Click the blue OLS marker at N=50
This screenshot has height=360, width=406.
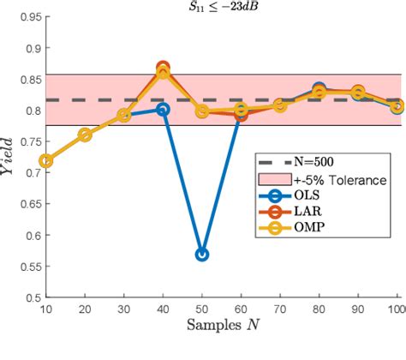tap(202, 255)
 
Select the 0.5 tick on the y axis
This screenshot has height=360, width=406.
tap(31, 297)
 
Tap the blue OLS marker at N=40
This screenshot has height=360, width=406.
tap(163, 110)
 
